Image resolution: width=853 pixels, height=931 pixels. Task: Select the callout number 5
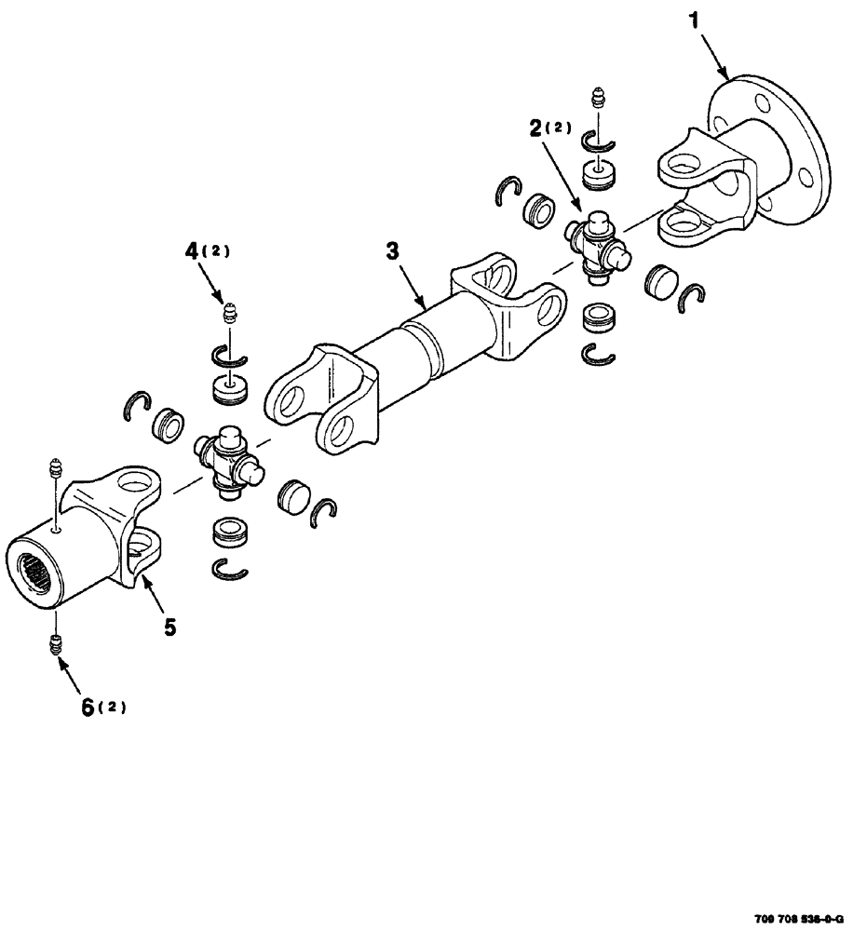coord(169,627)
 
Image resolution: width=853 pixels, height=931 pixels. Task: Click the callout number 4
coord(192,250)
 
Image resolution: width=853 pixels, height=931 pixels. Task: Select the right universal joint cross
coord(594,244)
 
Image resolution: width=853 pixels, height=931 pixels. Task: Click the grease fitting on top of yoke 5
coord(55,465)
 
